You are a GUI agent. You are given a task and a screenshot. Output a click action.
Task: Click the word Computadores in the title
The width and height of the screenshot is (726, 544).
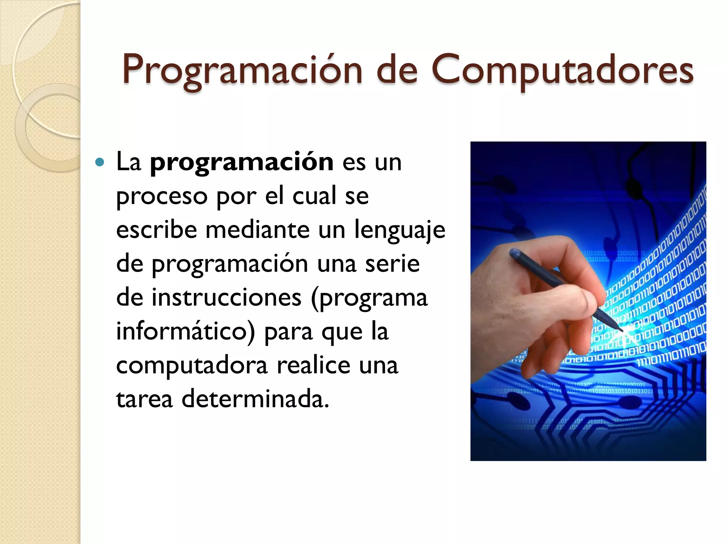(x=562, y=70)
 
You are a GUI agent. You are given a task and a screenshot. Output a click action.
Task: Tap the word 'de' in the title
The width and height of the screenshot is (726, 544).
(x=397, y=70)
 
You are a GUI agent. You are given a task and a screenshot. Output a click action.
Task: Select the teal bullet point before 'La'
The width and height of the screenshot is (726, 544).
(x=100, y=163)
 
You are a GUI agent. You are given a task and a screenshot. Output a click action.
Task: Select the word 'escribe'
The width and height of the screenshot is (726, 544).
(x=156, y=230)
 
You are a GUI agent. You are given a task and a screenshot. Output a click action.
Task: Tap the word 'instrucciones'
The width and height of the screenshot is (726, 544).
(x=227, y=297)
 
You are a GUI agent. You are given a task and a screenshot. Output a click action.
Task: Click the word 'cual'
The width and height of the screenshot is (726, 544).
(x=314, y=196)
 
